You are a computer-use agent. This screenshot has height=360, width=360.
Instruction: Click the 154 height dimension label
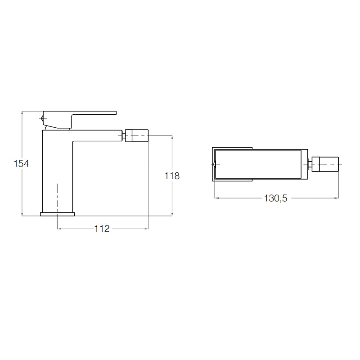tap(21, 164)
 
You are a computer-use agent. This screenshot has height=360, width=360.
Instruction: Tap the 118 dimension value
tap(172, 176)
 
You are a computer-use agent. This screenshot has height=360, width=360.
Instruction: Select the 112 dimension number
tap(102, 229)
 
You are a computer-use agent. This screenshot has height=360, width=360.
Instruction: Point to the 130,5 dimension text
tap(275, 198)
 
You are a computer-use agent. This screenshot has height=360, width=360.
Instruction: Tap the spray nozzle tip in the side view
tap(137, 135)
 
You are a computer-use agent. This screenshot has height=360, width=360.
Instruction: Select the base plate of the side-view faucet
tap(58, 214)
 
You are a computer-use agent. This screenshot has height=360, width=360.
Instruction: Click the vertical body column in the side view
tap(58, 172)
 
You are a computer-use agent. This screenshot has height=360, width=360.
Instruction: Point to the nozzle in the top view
tap(325, 164)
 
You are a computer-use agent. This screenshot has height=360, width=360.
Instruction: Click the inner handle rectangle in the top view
tap(258, 164)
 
